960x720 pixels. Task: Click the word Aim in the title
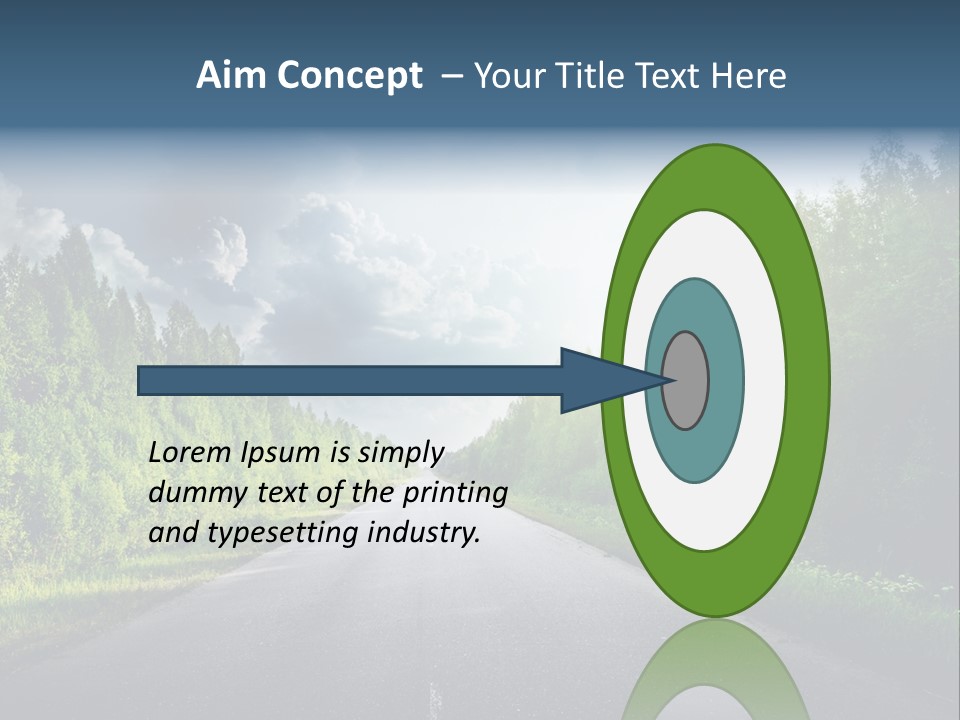(x=232, y=76)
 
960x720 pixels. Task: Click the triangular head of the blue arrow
(x=600, y=381)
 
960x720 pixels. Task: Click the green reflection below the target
(x=716, y=670)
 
